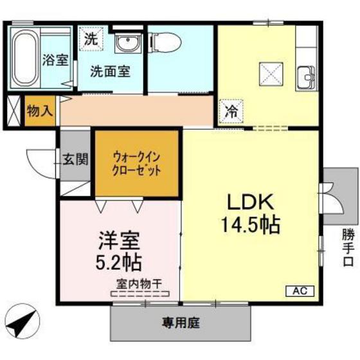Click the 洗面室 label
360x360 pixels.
(110, 71)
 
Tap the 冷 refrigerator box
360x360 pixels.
(231, 111)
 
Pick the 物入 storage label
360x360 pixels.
(40, 111)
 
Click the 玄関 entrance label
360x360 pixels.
(76, 159)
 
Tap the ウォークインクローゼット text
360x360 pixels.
(136, 163)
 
